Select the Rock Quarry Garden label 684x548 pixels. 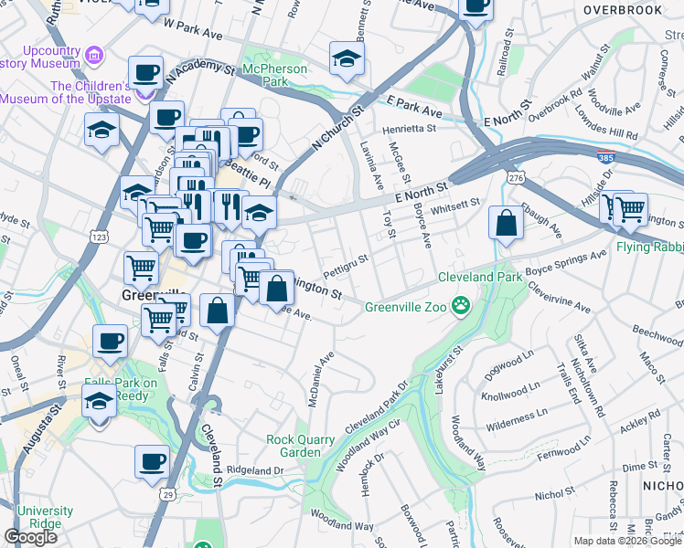click(306, 446)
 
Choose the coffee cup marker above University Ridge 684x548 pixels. click(152, 462)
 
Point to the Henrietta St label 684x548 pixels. click(409, 129)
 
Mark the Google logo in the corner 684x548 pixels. click(30, 537)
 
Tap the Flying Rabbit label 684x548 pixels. click(651, 246)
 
